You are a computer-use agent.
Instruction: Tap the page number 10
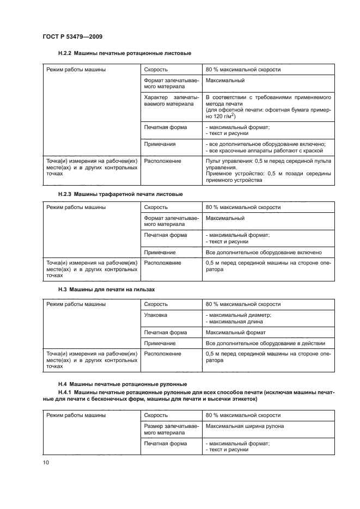tap(46, 463)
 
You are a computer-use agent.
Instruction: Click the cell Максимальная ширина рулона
tap(245, 426)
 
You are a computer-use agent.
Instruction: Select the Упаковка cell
tap(156, 315)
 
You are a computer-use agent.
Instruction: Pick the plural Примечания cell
tap(160, 144)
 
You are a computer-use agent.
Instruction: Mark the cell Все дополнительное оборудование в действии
tap(265, 344)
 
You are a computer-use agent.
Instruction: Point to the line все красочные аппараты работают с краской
tap(266, 151)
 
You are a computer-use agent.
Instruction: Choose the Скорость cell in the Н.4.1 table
tap(156, 415)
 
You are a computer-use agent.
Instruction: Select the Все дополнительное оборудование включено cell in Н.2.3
tap(264, 252)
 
